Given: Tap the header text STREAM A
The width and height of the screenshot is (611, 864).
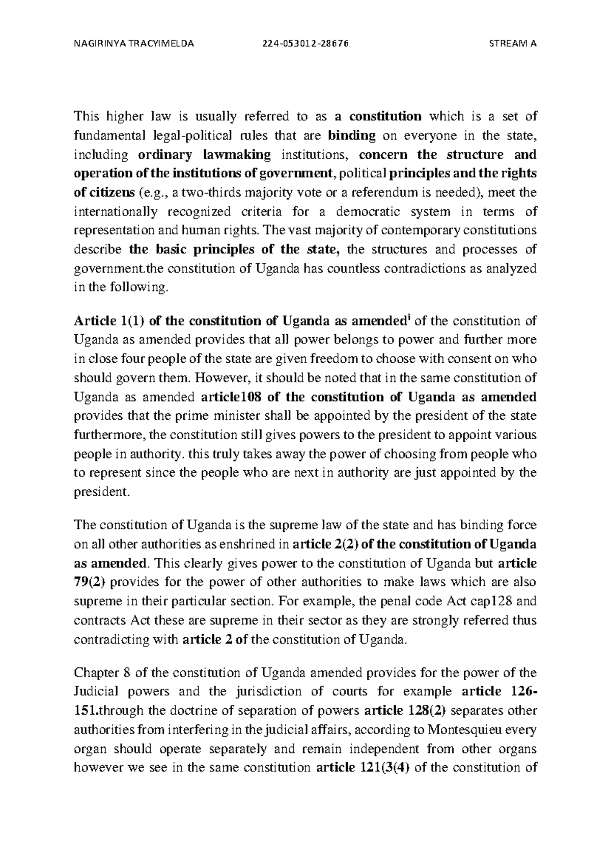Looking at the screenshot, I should coord(512,43).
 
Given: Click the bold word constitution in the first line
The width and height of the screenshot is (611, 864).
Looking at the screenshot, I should coord(385,116).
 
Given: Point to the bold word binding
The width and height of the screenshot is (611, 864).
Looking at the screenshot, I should coord(352,136).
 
